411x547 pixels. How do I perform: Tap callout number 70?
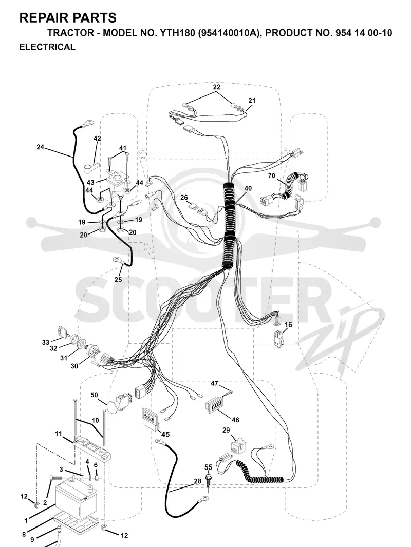pyautogui.click(x=271, y=176)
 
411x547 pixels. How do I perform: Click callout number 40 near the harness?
pyautogui.click(x=248, y=188)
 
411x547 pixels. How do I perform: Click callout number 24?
pyautogui.click(x=41, y=147)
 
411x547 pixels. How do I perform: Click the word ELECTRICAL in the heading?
pyautogui.click(x=47, y=47)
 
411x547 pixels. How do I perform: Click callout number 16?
pyautogui.click(x=288, y=325)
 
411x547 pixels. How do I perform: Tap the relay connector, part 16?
pyautogui.click(x=278, y=338)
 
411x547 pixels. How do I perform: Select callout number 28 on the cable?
pyautogui.click(x=198, y=481)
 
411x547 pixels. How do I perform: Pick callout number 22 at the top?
pyautogui.click(x=216, y=87)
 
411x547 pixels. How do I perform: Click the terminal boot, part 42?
pyautogui.click(x=91, y=167)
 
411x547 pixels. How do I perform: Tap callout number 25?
pyautogui.click(x=118, y=280)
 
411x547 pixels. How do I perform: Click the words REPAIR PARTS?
pyautogui.click(x=68, y=17)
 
